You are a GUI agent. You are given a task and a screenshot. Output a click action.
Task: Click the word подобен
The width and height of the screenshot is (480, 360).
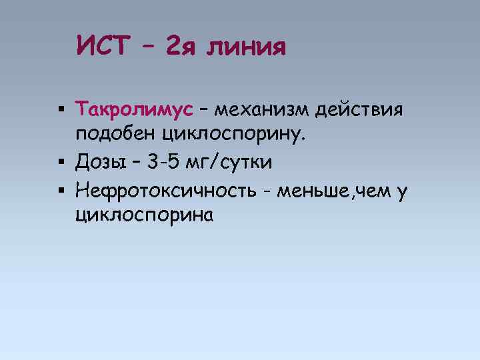pyautogui.click(x=115, y=135)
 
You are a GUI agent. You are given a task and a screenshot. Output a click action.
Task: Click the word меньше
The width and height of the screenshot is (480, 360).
pyautogui.click(x=311, y=191)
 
